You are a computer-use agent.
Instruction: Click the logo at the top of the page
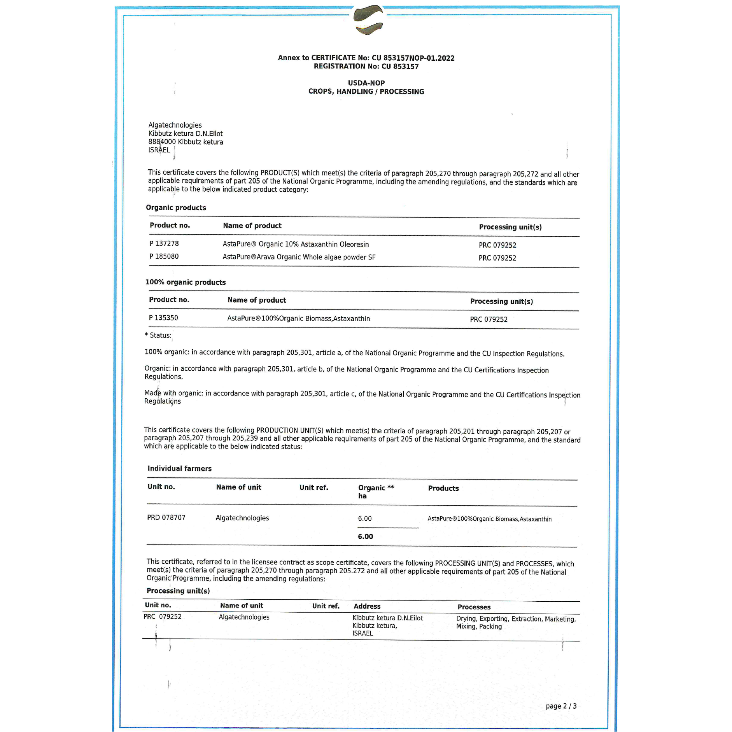tap(368, 19)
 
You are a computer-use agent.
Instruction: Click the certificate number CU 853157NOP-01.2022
tap(413, 58)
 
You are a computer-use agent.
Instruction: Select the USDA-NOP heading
tap(366, 83)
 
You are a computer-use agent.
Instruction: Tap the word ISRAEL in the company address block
tap(159, 150)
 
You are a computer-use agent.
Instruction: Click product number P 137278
tap(164, 243)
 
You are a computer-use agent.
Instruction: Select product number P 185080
tap(164, 256)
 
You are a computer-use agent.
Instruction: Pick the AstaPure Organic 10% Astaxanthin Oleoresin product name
tap(296, 244)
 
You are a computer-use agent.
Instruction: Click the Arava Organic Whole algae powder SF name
tap(316, 257)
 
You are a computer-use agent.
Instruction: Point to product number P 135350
tap(163, 318)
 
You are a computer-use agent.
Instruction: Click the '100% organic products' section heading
tap(186, 282)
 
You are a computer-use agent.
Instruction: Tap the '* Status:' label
tap(158, 335)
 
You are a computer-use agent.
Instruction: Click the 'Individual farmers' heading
tap(179, 468)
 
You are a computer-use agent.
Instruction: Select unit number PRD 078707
tap(166, 517)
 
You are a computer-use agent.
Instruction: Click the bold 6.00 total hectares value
tap(365, 536)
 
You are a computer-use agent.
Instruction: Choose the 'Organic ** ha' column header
tap(375, 491)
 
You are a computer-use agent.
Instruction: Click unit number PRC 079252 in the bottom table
tap(162, 616)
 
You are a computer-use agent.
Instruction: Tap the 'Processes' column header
tap(474, 607)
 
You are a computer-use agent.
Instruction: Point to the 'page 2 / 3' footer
tap(561, 706)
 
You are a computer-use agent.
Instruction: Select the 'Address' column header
tap(367, 606)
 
